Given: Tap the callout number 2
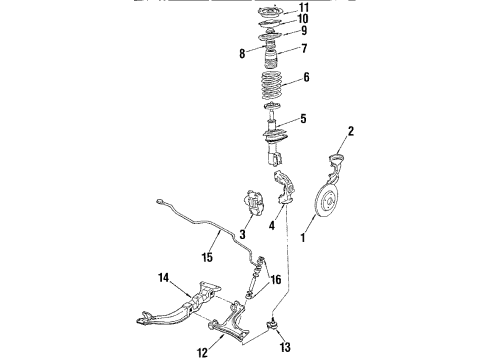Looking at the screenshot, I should (x=350, y=131).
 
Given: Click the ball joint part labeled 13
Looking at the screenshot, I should (x=272, y=325).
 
